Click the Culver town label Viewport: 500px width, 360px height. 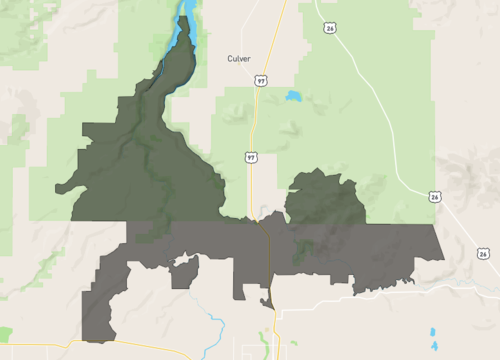[238, 59]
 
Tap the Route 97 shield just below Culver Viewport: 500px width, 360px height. [260, 78]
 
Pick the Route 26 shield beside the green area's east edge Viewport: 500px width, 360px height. [433, 197]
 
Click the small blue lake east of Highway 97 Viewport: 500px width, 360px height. [293, 97]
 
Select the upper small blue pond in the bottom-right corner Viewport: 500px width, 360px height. [432, 331]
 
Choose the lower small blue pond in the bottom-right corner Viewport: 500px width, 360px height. [434, 345]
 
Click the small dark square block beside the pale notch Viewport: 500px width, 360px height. [184, 274]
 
